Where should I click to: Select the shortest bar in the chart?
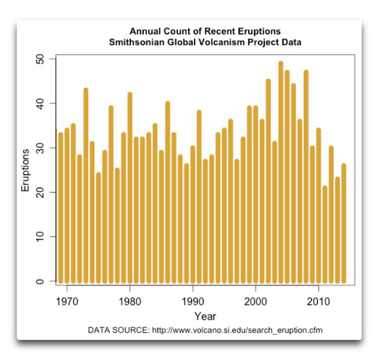tap(325, 235)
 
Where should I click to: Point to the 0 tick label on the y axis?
tap(48, 282)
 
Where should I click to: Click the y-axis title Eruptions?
tap(26, 170)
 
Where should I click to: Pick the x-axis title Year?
tap(205, 317)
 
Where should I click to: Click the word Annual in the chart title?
tap(144, 31)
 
